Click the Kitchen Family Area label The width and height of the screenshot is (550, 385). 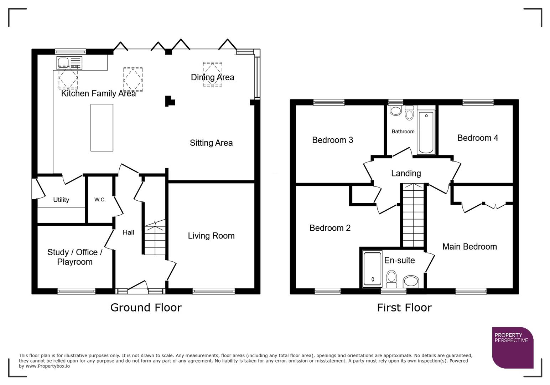98,93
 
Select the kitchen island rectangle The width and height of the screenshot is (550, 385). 102,127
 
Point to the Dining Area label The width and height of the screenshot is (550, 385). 212,77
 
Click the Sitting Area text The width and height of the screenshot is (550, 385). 211,143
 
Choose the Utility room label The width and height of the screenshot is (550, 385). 61,200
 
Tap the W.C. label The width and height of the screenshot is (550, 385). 100,200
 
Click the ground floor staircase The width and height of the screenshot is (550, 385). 155,239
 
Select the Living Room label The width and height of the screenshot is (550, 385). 211,236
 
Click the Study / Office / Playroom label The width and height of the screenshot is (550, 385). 75,257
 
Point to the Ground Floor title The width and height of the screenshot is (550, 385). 146,307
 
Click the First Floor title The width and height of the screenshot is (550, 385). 404,307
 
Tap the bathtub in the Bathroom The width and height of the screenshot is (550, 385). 426,133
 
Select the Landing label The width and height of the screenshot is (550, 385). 406,173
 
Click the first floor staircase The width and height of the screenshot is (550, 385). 413,216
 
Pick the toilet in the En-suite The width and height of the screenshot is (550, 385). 391,278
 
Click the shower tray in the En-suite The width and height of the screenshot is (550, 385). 372,269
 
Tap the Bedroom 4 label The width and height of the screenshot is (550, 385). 477,138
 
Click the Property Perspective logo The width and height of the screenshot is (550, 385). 512,347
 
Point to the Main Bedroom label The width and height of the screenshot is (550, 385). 469,247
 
